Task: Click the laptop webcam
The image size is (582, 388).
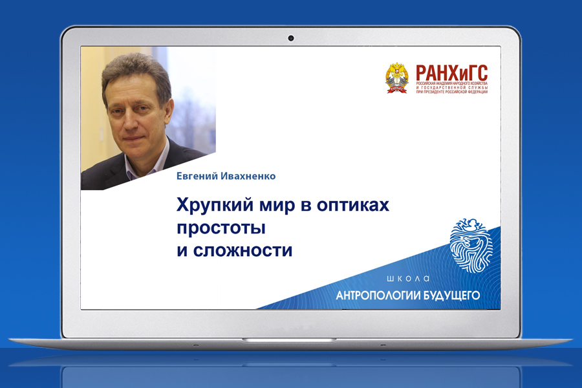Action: click(291, 38)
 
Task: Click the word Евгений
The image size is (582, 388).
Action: click(197, 176)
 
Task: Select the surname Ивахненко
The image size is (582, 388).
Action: click(248, 176)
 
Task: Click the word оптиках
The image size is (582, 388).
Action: click(353, 206)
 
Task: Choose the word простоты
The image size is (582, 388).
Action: click(221, 228)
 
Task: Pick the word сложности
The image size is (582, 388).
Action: click(242, 251)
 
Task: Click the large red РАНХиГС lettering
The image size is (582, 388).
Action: click(452, 72)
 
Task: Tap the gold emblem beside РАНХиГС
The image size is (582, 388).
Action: click(397, 78)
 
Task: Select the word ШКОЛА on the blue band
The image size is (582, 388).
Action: click(408, 279)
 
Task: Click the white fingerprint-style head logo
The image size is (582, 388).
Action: click(471, 245)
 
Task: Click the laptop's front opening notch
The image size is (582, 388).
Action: click(289, 339)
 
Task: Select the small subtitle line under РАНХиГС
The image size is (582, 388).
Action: click(452, 88)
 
